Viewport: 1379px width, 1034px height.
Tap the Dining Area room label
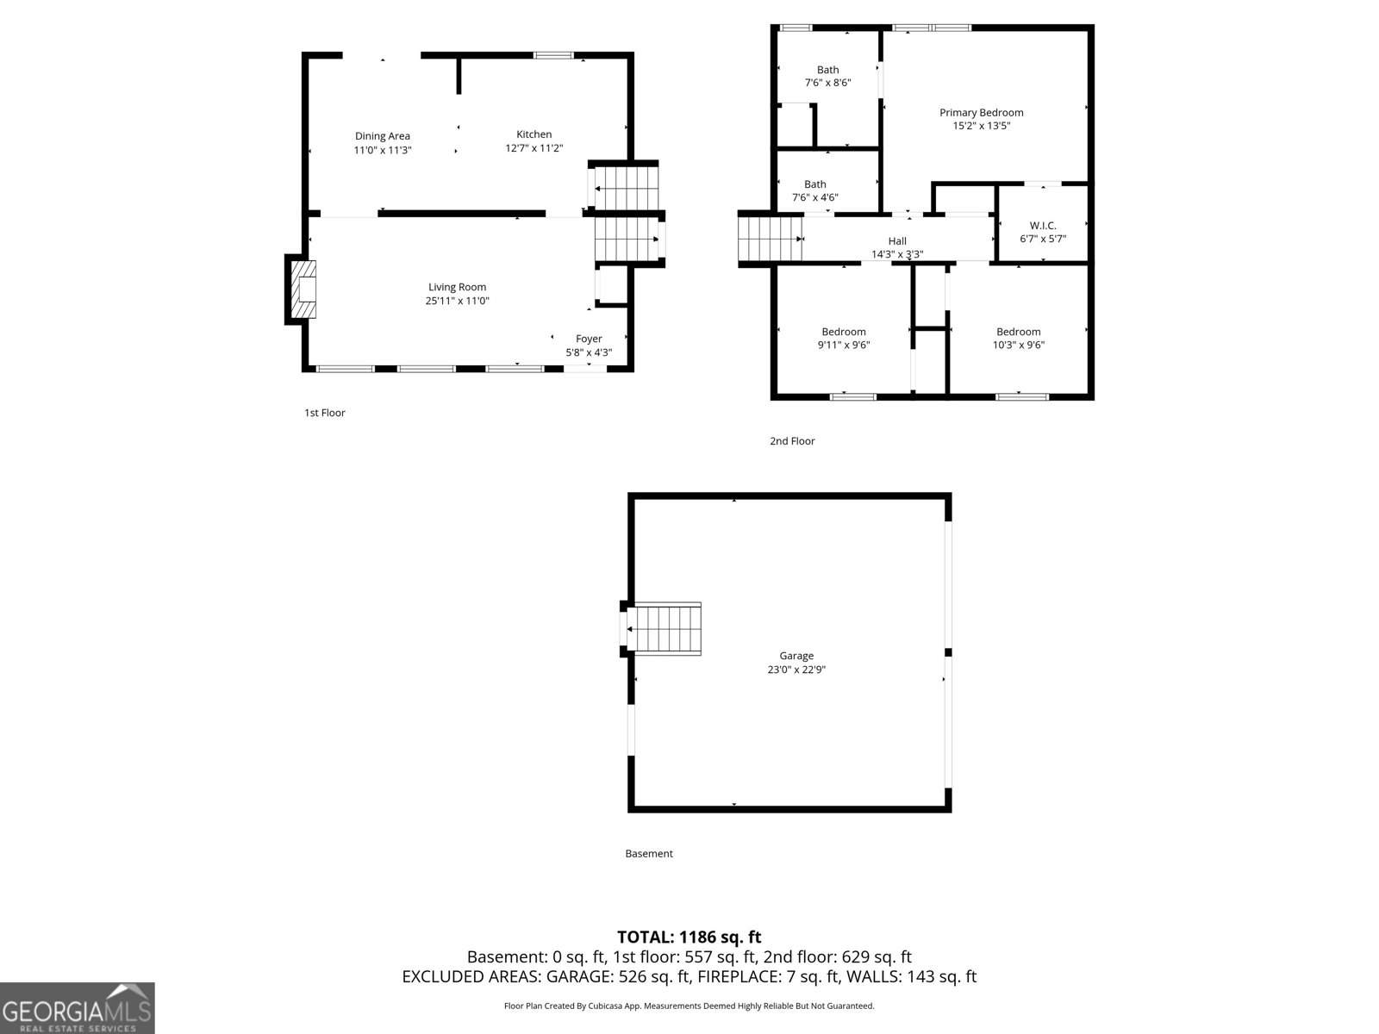tap(383, 136)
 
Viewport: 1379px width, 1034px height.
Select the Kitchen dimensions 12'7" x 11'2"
tap(534, 148)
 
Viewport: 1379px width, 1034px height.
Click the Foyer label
tap(589, 339)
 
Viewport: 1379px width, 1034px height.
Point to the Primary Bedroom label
tap(981, 113)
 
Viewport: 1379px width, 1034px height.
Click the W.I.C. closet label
tap(1042, 226)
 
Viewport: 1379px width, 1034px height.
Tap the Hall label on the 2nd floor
tap(897, 241)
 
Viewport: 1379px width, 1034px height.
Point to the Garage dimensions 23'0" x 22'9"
tap(796, 670)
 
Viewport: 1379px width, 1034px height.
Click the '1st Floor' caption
tap(324, 413)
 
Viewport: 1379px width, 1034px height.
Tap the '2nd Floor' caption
tap(791, 441)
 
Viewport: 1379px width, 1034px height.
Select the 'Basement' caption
tap(648, 854)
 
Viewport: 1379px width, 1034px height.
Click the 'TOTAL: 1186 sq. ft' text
tap(689, 937)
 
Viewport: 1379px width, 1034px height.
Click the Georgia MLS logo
tap(77, 1008)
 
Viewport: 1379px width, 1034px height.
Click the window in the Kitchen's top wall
tap(552, 56)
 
